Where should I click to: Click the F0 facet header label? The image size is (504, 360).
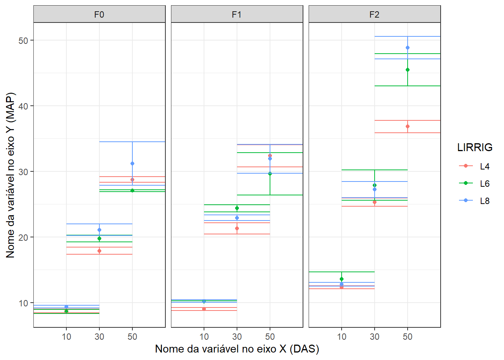click(x=99, y=15)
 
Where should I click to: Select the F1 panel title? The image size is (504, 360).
click(x=237, y=15)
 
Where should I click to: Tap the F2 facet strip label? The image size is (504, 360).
click(x=374, y=15)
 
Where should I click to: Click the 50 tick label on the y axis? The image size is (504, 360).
click(x=23, y=40)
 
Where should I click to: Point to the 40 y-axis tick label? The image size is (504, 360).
click(x=23, y=106)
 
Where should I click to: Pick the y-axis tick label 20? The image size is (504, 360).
click(x=23, y=237)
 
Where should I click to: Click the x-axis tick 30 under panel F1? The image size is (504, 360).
click(x=237, y=337)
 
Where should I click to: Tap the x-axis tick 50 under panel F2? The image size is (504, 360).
click(x=408, y=337)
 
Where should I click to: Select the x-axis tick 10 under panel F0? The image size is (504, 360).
click(x=66, y=337)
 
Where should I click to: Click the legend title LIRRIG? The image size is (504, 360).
click(x=475, y=147)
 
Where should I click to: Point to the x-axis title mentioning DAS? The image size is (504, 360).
click(x=237, y=349)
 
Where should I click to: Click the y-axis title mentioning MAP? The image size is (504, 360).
click(x=10, y=175)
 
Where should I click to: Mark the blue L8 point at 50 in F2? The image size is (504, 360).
click(x=408, y=48)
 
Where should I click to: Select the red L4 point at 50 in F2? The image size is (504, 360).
click(x=408, y=126)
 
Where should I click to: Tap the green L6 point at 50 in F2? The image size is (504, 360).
click(x=408, y=70)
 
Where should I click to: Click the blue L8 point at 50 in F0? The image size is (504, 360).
click(x=132, y=163)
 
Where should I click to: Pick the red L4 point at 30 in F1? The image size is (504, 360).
click(x=237, y=228)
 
